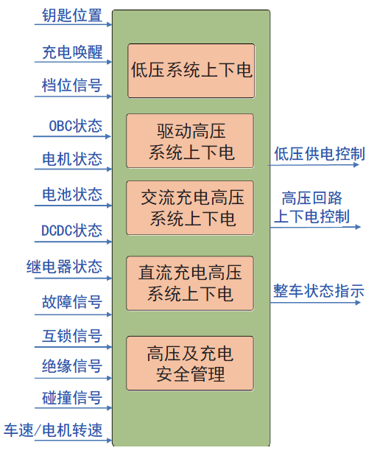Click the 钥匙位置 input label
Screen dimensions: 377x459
click(72, 15)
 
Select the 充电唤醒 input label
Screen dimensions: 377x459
click(72, 52)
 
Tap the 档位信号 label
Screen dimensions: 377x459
click(72, 85)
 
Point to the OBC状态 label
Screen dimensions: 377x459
click(75, 126)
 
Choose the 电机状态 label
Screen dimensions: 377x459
click(72, 159)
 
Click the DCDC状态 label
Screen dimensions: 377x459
click(72, 231)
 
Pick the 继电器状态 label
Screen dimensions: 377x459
click(64, 267)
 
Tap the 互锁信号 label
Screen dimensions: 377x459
click(72, 335)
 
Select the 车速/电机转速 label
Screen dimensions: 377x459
click(53, 430)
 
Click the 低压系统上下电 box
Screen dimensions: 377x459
click(191, 71)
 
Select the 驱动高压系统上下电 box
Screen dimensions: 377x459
click(190, 141)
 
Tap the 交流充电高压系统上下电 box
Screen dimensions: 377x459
click(190, 208)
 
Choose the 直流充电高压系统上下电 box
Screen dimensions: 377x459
click(190, 284)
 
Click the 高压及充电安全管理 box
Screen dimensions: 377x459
click(190, 363)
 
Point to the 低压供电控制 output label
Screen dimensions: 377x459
click(320, 154)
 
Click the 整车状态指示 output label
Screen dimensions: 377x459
click(319, 291)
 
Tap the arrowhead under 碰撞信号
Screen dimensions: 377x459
click(110, 407)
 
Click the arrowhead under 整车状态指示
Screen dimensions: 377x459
click(357, 302)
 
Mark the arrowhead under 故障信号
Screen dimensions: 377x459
click(110, 315)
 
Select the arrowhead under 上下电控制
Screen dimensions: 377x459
click(357, 227)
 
